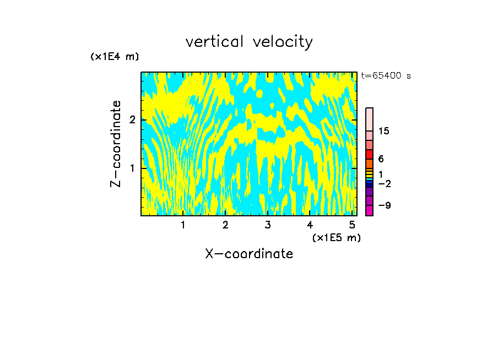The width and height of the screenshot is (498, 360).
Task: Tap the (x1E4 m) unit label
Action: pos(115,57)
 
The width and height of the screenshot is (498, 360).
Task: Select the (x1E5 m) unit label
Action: pos(337,238)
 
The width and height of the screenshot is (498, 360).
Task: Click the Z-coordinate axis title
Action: pos(116,144)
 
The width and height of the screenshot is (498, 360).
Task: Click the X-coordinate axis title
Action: pos(249,254)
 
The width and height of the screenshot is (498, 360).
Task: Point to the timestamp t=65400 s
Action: pos(386,76)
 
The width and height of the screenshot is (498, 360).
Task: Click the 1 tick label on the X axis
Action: pos(183,225)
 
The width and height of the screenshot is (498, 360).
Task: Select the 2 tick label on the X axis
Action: pos(225,225)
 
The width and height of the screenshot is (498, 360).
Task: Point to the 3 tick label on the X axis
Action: pos(268,225)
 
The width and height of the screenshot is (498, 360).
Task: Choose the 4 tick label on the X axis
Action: pos(310,225)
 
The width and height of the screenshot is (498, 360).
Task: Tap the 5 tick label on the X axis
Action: pos(352,225)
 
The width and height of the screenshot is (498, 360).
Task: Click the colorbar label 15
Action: pos(384,131)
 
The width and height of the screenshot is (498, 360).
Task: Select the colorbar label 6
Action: pos(381,159)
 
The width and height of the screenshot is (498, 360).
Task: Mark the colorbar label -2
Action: pos(384,184)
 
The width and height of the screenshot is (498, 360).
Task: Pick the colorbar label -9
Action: pos(384,206)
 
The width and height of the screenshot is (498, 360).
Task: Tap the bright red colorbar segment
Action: pos(369,154)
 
